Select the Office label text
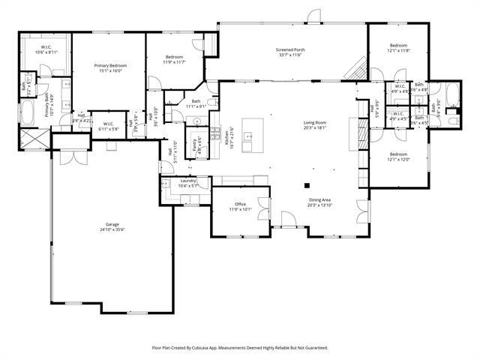[x=241, y=203]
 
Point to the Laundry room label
[x=187, y=181]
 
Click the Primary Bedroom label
[x=110, y=66]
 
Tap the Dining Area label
[x=319, y=199]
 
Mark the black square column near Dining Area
[x=306, y=184]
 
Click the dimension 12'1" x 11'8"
[x=398, y=50]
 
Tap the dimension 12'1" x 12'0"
[x=398, y=159]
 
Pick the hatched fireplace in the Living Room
[x=362, y=133]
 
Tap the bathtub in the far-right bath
[x=452, y=95]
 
